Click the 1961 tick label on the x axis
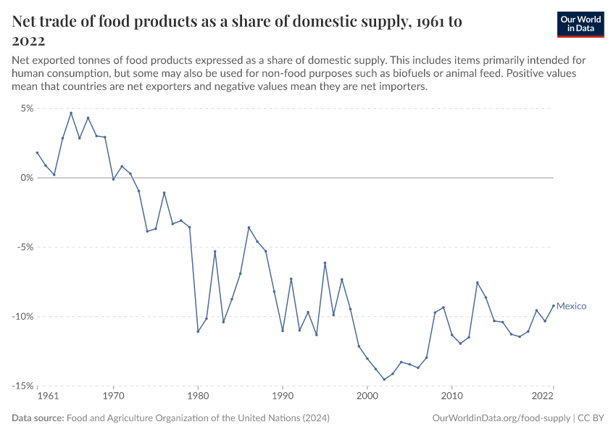coord(47,397)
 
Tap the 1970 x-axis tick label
coord(113,397)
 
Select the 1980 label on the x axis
coord(198,397)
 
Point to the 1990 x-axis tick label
coord(283,397)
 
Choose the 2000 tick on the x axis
coord(367,397)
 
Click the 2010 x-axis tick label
coord(451,397)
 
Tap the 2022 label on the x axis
coord(543,397)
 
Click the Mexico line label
coord(571,306)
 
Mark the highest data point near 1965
coord(71,112)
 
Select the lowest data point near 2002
coord(384,379)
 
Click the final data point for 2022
coord(554,305)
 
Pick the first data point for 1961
coord(37,152)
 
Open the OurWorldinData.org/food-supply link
coord(500,418)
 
